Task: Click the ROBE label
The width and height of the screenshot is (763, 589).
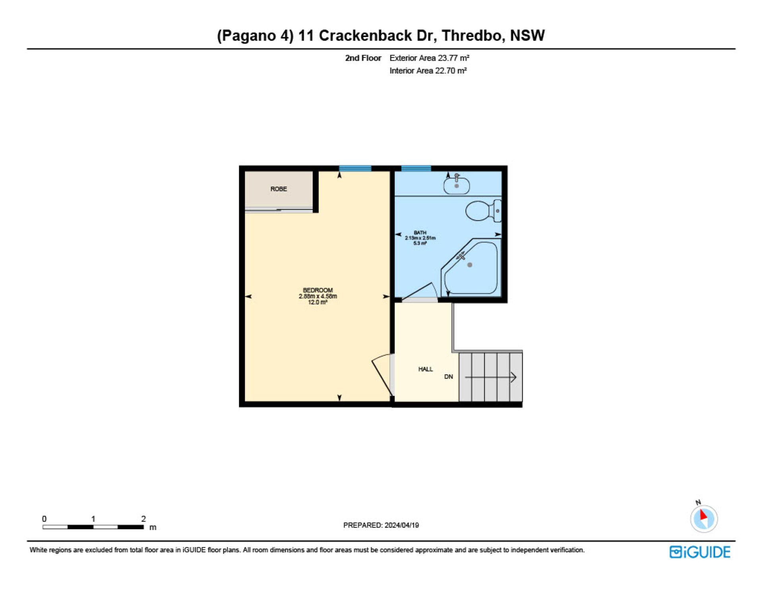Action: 279,189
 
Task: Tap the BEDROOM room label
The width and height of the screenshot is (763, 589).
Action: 318,290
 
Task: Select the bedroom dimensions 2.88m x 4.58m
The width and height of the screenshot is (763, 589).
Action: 318,296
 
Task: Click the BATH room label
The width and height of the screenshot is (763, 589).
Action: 420,233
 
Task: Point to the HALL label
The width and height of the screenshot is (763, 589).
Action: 426,369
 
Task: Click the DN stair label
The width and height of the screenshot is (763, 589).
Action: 449,377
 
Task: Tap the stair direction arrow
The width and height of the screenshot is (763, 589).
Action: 491,377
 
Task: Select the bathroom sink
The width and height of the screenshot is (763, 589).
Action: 457,184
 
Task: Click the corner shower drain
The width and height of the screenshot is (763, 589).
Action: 470,265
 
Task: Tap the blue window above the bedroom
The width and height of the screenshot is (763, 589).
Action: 355,169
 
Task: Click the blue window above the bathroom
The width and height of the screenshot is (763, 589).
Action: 416,169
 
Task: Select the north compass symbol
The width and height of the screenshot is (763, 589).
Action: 704,518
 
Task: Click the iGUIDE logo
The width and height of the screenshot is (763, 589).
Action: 700,552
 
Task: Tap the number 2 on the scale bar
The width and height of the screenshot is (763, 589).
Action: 143,519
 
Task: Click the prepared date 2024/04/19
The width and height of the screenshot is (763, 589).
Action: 402,525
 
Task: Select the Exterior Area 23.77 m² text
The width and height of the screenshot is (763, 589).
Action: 430,58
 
